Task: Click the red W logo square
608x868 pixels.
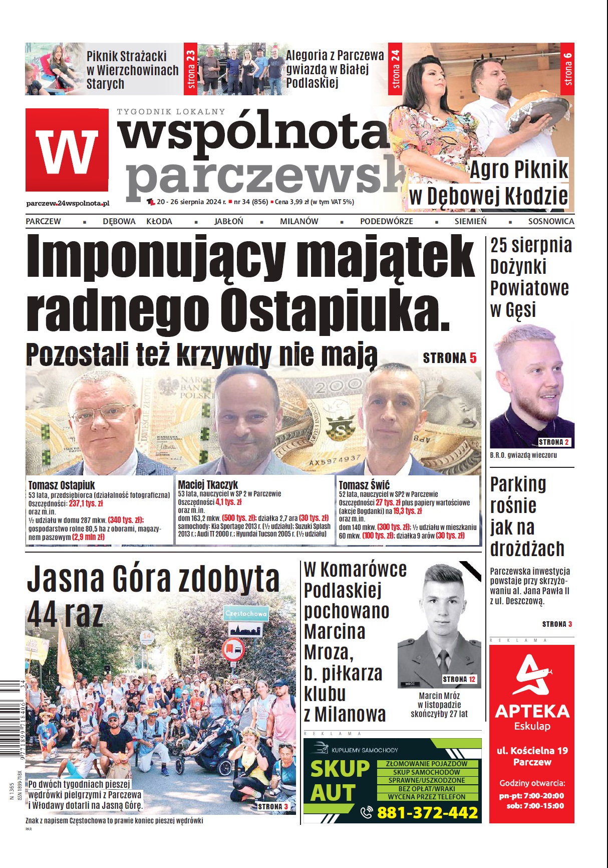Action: point(67,150)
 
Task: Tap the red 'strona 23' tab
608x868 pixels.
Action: point(190,69)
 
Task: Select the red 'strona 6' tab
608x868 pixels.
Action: point(567,69)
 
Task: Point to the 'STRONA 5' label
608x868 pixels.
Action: point(449,358)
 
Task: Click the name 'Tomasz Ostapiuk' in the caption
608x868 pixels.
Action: point(61,485)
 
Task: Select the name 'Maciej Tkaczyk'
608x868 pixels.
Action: point(208,485)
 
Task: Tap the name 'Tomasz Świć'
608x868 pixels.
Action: point(364,485)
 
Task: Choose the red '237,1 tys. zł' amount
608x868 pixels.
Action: point(86,503)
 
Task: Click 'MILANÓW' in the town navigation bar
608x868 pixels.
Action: point(298,221)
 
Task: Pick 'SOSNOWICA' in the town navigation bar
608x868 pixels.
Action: point(551,221)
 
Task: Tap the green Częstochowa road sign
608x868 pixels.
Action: point(245,613)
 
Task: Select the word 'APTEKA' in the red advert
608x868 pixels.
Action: point(532,711)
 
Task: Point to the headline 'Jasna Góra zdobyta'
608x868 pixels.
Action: point(153,579)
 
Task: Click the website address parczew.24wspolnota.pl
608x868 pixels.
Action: point(68,203)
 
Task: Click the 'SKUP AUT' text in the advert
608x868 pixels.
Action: point(340,781)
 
